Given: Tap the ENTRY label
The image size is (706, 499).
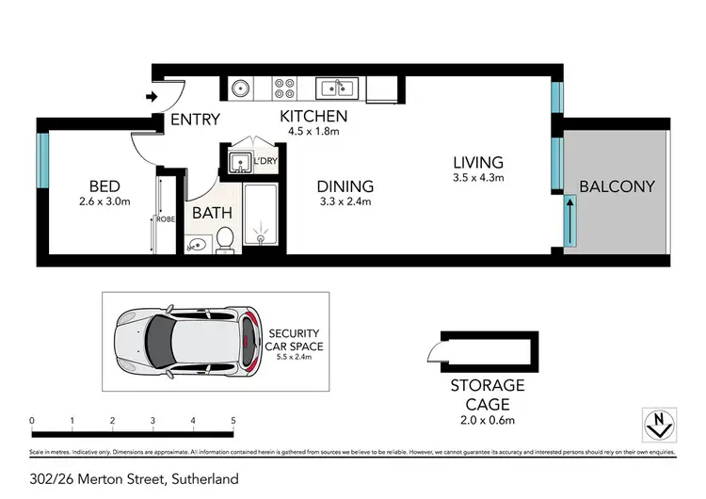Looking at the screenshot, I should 195,120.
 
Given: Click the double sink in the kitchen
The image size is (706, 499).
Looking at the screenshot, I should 335,89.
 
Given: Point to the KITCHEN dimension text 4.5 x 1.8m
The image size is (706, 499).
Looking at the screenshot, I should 314,133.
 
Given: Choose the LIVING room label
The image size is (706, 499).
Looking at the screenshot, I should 477,163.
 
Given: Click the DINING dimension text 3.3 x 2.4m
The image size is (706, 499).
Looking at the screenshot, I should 345,201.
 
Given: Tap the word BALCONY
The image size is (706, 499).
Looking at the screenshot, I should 617,186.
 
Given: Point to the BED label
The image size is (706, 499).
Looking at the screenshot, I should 104,185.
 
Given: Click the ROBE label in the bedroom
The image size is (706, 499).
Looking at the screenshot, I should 164,220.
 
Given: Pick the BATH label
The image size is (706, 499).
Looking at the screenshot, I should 212,213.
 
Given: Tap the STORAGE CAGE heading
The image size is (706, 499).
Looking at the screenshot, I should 487,394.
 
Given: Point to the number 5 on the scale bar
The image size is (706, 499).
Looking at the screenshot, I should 233,420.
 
